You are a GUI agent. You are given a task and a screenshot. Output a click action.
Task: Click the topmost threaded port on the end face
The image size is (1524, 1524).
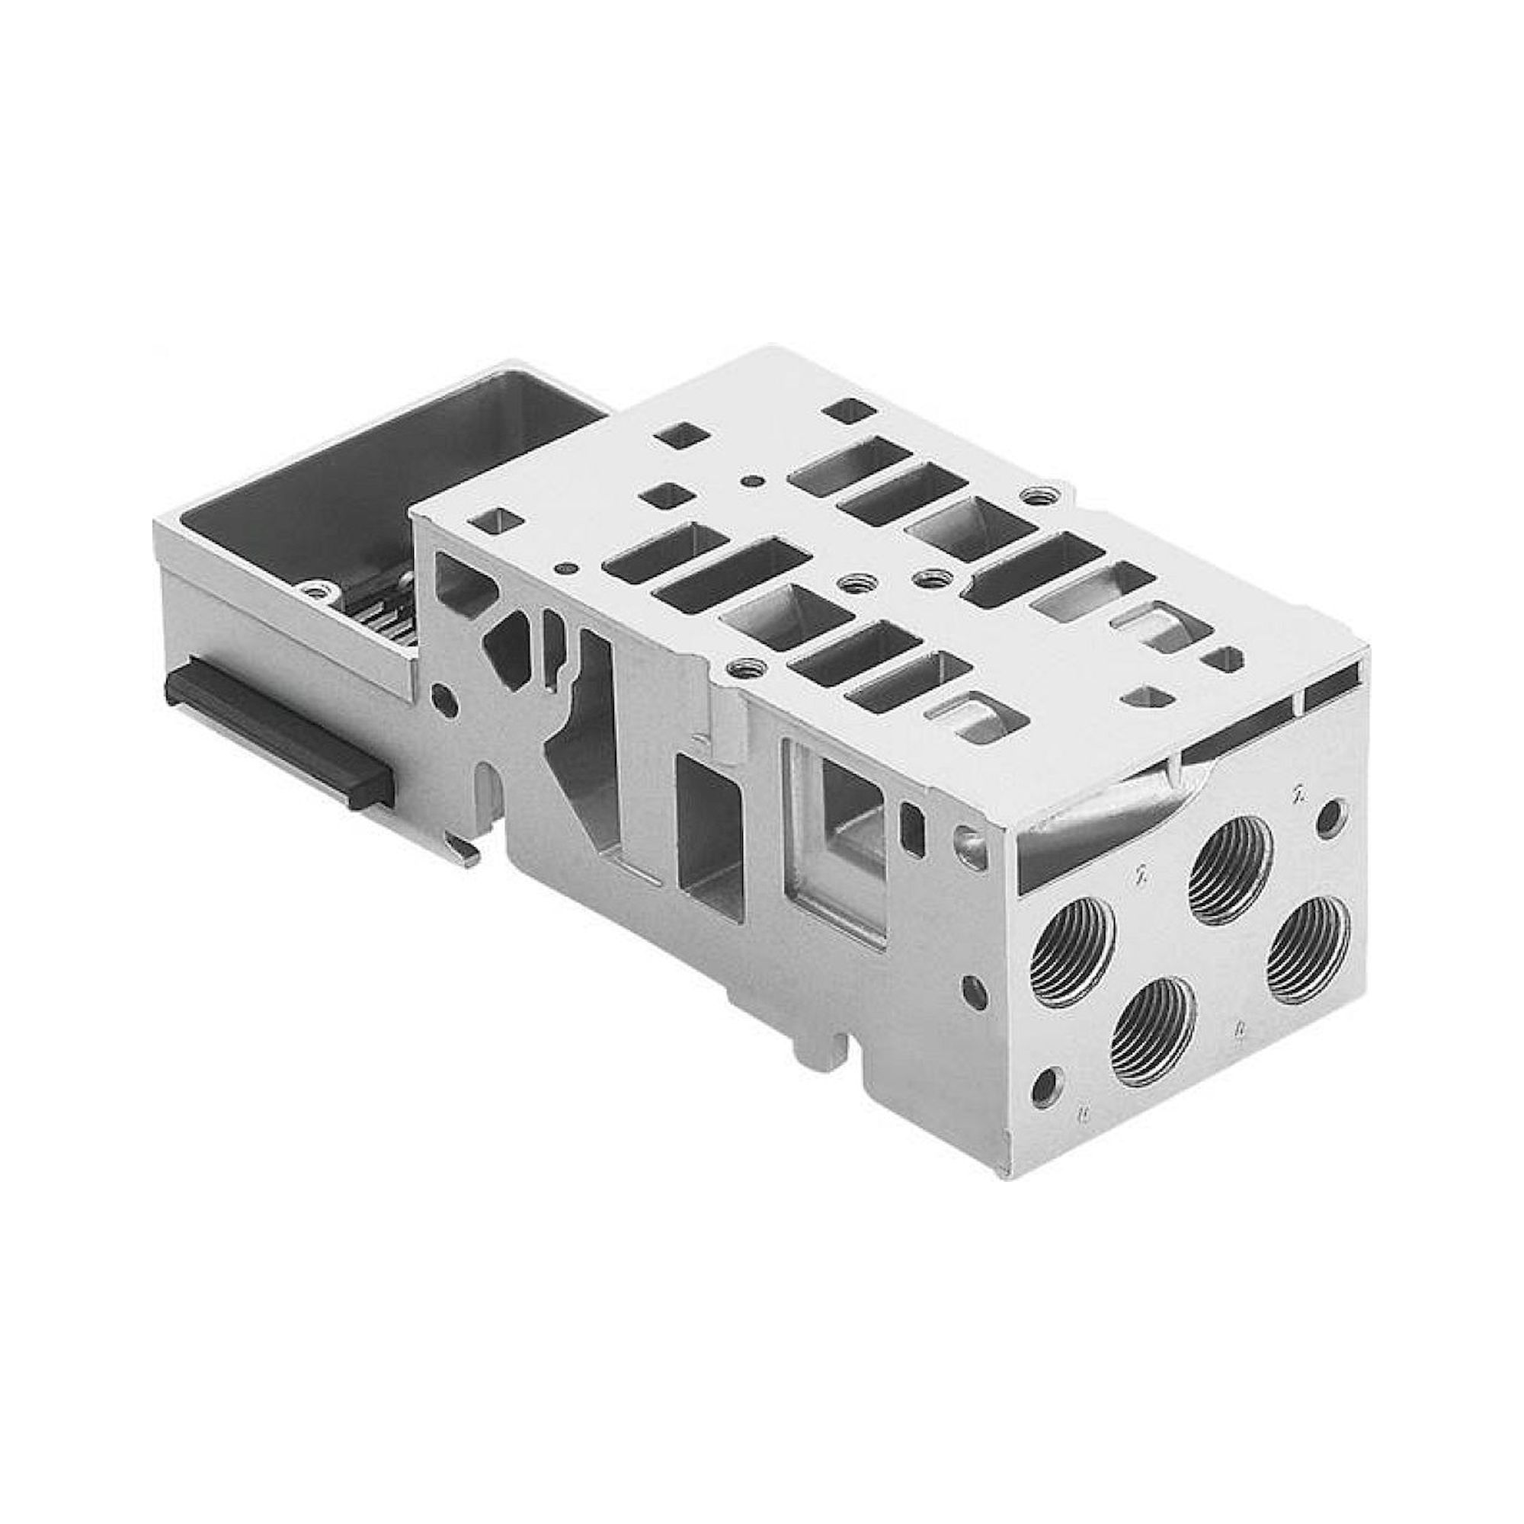pyautogui.click(x=1231, y=869)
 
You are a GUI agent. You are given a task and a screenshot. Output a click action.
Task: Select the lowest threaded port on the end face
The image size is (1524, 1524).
pyautogui.click(x=1151, y=1032)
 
